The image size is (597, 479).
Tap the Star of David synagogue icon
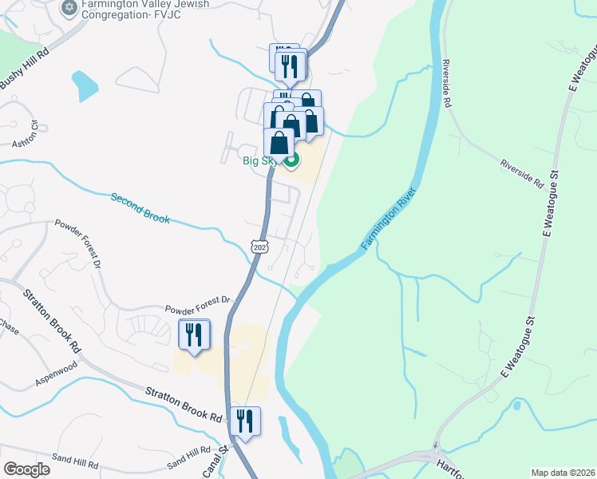point(68,8)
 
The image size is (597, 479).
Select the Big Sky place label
point(259,160)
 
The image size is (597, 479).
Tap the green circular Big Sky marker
point(291,160)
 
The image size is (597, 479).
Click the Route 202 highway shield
point(259,247)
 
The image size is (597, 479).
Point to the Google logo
point(26,469)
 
